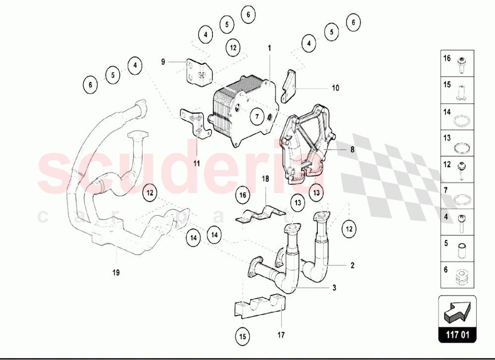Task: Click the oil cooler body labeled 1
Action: pos(243,110)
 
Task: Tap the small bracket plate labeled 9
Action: pos(199,73)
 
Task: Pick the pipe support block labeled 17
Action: pos(259,307)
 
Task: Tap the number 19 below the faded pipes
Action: pos(116,272)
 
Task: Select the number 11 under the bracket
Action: pos(197,163)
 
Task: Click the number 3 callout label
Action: pos(334,288)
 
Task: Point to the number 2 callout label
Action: pos(352,265)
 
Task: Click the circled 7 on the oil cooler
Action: pos(257,116)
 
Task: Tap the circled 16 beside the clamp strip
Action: pos(243,195)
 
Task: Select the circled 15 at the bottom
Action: pos(243,336)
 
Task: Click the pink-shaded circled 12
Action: pos(149,192)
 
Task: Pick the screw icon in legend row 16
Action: pos(461,66)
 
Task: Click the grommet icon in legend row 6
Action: pos(462,277)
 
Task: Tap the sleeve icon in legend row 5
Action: pos(461,250)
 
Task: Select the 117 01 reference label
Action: pos(457,334)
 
